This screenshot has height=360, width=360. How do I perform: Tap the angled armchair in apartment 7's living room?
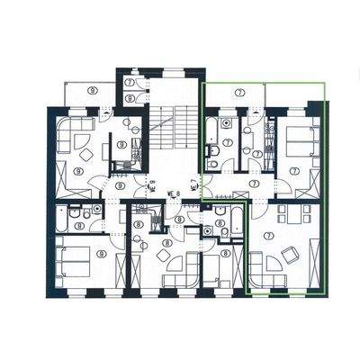(290, 255)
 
